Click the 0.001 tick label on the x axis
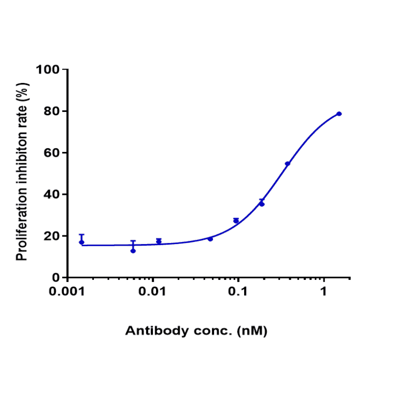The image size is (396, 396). coord(67,292)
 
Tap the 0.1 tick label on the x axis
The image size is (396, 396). coord(238,292)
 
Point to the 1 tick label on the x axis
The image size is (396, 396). coord(324,292)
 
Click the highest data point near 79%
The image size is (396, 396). coord(339,114)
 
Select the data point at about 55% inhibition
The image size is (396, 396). coord(288,164)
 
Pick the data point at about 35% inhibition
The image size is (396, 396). coord(262,204)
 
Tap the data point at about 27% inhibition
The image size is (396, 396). coord(236,221)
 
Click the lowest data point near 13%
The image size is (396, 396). coord(133,251)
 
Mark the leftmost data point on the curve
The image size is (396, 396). coord(81,242)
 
